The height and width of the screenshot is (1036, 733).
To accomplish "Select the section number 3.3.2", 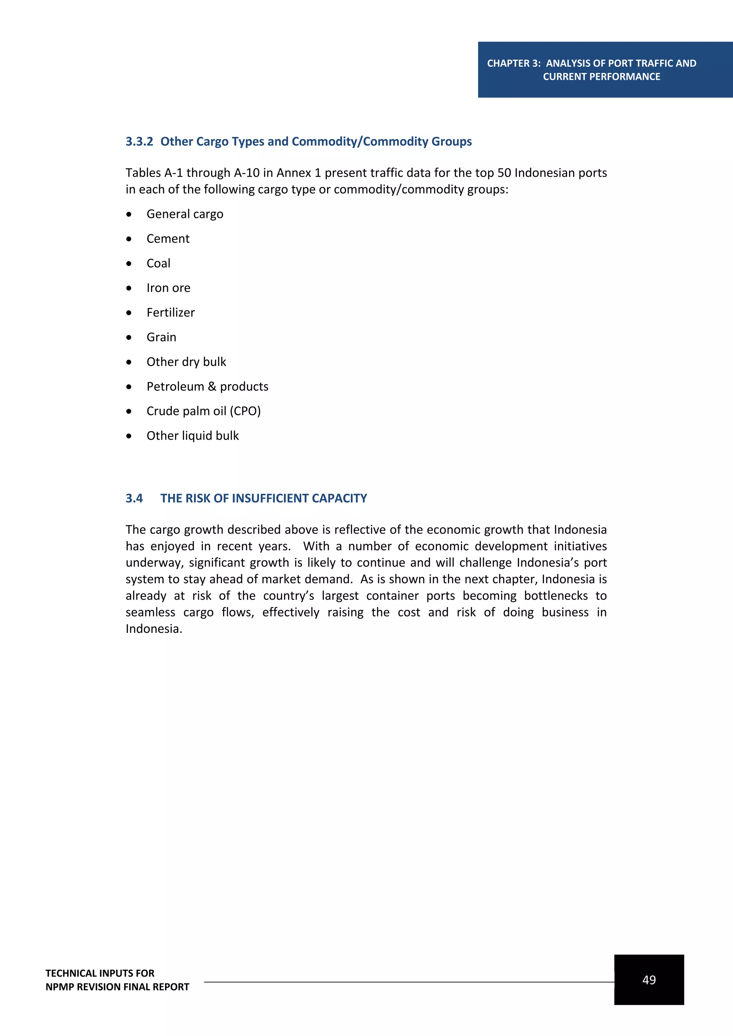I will coord(140,142).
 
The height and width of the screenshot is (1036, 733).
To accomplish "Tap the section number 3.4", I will coord(134,498).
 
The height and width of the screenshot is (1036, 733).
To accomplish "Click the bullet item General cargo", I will coord(185,214).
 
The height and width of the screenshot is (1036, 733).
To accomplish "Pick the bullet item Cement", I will coord(168,239).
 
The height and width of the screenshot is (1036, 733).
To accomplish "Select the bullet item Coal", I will coord(159,264).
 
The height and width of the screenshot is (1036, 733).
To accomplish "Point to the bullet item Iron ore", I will coord(168,288).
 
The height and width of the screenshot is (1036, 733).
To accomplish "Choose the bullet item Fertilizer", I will coord(171,313).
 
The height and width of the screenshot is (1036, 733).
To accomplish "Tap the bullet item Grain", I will coord(161,337).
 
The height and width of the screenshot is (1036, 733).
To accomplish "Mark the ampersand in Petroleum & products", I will coord(212,387).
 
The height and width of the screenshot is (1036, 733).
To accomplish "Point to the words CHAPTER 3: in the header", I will coord(513,64).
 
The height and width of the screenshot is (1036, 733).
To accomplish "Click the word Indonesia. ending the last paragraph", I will coord(154,629).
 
